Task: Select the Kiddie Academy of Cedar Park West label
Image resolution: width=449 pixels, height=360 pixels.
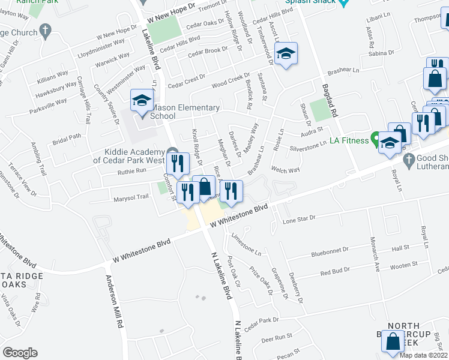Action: click(x=128, y=156)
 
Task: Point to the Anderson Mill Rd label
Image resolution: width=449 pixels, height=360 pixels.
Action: click(x=115, y=301)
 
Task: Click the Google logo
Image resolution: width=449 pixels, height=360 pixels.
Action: click(x=20, y=352)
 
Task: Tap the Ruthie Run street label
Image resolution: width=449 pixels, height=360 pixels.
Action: click(x=132, y=171)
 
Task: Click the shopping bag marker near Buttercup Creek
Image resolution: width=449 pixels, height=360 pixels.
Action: click(x=393, y=341)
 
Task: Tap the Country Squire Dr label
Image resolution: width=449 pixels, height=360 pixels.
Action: click(x=104, y=103)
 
